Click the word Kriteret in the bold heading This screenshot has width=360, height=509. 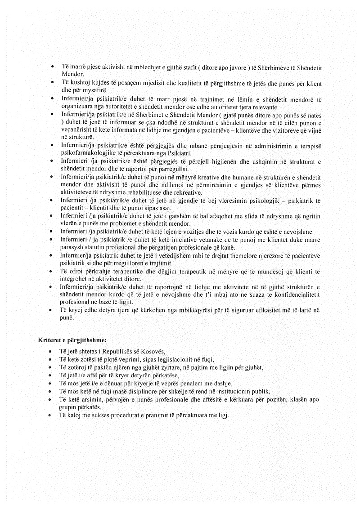[x=50, y=340]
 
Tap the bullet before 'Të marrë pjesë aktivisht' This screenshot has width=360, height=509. [x=54, y=67]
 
